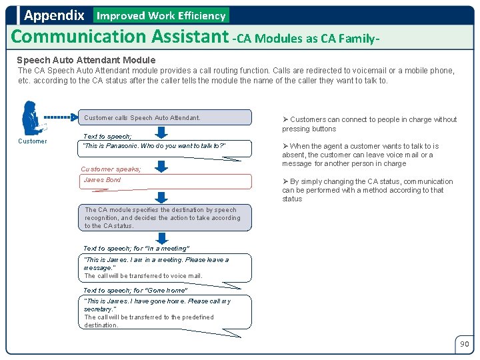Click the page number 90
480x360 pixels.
464,344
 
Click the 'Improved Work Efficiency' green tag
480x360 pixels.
161,15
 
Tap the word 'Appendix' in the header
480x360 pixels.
54,15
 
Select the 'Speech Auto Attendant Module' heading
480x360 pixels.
86,60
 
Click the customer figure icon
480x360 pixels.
31,118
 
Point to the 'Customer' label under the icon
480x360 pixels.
33,141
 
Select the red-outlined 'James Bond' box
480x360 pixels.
165,181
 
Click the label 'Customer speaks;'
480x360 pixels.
111,169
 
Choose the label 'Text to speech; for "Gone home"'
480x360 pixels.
135,291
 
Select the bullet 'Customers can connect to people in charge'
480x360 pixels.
369,124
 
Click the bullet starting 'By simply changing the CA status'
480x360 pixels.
367,190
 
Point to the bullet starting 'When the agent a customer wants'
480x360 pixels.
360,155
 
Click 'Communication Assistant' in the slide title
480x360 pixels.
119,37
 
